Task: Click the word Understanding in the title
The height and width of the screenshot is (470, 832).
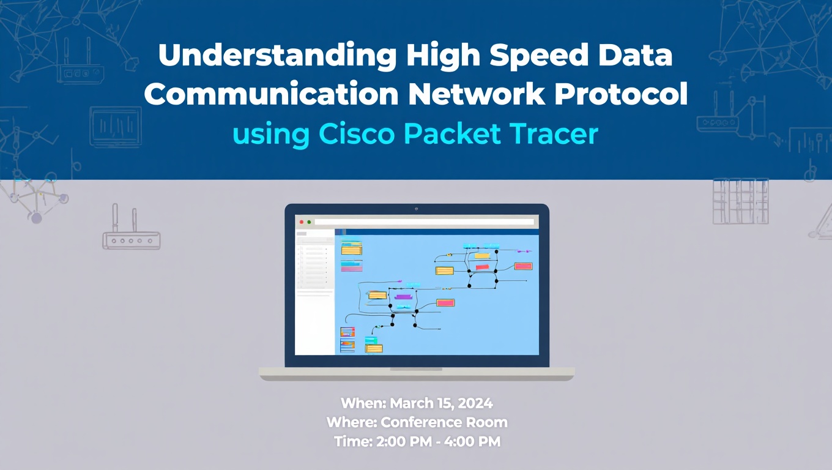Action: pos(278,56)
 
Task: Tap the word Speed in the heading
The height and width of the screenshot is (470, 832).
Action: pos(538,56)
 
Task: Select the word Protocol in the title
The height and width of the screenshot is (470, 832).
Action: pos(621,94)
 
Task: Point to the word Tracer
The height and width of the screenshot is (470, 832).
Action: pos(554,134)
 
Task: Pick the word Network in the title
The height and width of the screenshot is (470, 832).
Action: pos(477,94)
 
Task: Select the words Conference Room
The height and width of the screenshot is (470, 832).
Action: pos(444,422)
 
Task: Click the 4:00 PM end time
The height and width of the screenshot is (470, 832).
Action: pos(472,442)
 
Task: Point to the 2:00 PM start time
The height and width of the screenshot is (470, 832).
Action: pos(404,442)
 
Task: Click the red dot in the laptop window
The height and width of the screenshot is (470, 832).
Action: pos(302,222)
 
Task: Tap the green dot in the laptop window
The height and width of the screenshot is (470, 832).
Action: pos(309,222)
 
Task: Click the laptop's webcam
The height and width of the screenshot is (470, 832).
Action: pos(417,209)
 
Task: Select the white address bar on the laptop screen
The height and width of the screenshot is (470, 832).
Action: pos(424,222)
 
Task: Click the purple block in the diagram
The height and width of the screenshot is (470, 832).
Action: pos(403,296)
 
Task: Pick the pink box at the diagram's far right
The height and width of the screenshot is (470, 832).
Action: pos(523,266)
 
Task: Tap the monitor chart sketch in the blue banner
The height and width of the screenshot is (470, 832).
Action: pos(116,127)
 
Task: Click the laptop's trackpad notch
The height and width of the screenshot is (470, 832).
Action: pos(416,369)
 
